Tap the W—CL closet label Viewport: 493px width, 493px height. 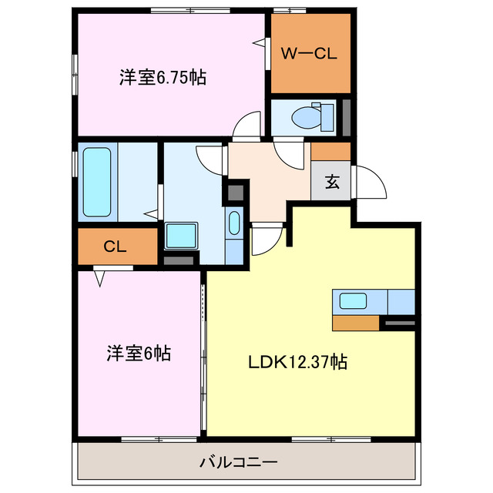307,53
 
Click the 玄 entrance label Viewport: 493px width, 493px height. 331,183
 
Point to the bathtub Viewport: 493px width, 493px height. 99,183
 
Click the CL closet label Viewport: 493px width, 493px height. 116,246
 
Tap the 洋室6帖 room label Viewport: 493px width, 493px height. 139,354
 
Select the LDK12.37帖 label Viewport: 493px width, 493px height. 296,361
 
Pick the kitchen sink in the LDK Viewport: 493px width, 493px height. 353,301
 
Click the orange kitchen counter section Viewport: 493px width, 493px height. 355,322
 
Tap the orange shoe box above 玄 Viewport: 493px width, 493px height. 331,151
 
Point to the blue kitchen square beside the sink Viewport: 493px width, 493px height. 401,301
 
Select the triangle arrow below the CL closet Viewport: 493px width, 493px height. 99,277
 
